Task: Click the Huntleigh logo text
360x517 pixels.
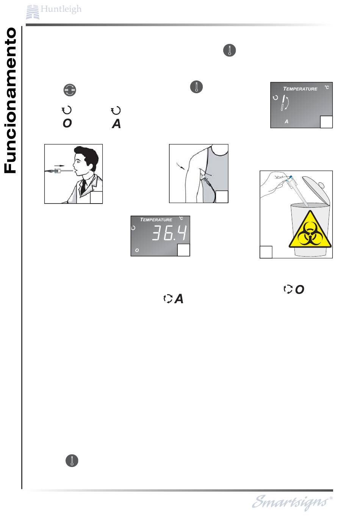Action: (x=61, y=9)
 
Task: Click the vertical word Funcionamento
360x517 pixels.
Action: (x=11, y=100)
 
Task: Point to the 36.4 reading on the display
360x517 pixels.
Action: (x=169, y=233)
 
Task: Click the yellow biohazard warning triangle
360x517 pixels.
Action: (x=310, y=229)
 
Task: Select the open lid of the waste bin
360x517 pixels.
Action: (x=316, y=189)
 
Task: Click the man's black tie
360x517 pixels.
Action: (x=83, y=186)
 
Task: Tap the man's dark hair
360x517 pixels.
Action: (x=87, y=157)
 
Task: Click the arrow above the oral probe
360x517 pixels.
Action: (x=59, y=166)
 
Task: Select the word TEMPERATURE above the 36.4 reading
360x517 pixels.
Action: (x=156, y=220)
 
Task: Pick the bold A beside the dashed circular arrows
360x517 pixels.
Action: (x=179, y=299)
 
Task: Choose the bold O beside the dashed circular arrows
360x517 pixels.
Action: (x=299, y=290)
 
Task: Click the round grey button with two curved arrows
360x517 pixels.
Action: (x=70, y=90)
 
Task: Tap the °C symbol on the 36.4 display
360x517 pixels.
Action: (x=181, y=218)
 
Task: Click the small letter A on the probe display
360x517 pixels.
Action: (x=286, y=121)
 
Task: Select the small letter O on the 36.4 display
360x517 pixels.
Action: (x=137, y=250)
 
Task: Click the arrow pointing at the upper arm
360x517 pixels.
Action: (x=180, y=166)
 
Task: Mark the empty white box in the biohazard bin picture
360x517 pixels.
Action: (x=266, y=252)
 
